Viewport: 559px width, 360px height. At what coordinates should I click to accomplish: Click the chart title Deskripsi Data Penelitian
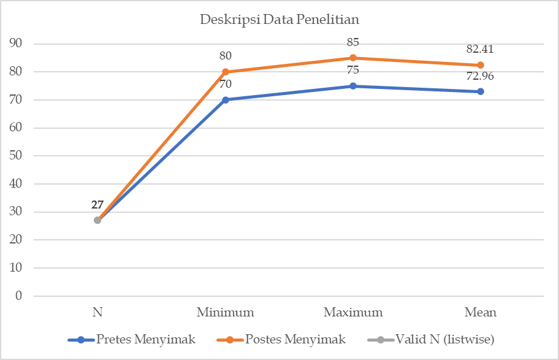pos(279,19)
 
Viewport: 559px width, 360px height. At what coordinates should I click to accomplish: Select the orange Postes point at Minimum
pos(226,72)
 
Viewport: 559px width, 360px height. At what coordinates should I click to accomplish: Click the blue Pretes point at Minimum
pos(226,99)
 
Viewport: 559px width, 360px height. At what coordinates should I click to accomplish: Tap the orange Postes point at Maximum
pos(353,58)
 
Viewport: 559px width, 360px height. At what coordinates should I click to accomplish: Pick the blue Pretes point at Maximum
pos(353,86)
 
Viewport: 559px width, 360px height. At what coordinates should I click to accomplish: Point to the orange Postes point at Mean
pos(481,65)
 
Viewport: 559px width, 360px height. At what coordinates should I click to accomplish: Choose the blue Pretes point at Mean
pos(481,91)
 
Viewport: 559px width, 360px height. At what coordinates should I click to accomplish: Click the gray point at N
pos(97,220)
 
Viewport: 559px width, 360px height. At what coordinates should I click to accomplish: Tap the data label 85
pos(352,42)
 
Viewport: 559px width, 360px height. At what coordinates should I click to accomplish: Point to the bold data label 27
pos(97,205)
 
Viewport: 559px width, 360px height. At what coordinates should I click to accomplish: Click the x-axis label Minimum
pos(226,312)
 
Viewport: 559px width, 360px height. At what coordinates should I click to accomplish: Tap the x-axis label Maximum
pos(353,312)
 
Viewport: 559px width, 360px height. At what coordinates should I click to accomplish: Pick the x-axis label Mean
pos(481,312)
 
